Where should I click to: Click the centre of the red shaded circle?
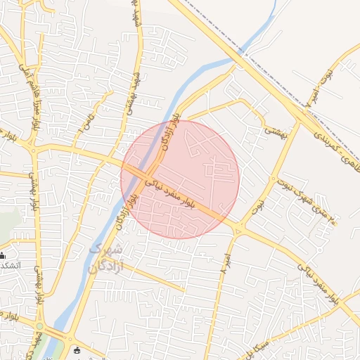(180, 179)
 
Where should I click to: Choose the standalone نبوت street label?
(259, 205)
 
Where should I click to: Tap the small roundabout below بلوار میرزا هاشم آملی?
(33, 148)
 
